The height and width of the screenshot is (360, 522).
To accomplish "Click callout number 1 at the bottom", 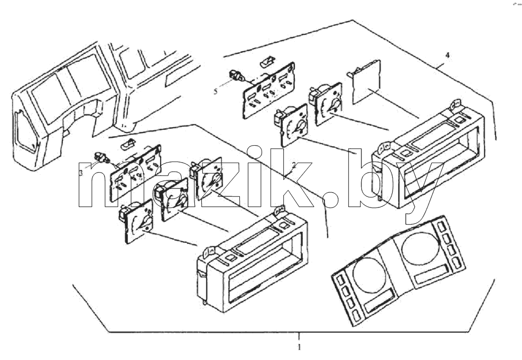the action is click(299, 347).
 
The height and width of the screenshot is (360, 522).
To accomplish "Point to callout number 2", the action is click(294, 164).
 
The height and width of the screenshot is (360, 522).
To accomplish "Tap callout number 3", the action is click(81, 173).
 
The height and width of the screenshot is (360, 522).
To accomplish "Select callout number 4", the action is click(448, 55).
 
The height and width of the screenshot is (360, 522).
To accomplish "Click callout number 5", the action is click(216, 91).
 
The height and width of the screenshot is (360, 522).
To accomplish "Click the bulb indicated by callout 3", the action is click(102, 157).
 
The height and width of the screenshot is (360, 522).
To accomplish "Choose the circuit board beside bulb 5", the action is click(270, 90).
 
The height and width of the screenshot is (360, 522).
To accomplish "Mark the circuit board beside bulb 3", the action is click(135, 173).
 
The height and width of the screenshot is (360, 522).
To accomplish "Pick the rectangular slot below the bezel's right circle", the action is click(430, 274).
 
